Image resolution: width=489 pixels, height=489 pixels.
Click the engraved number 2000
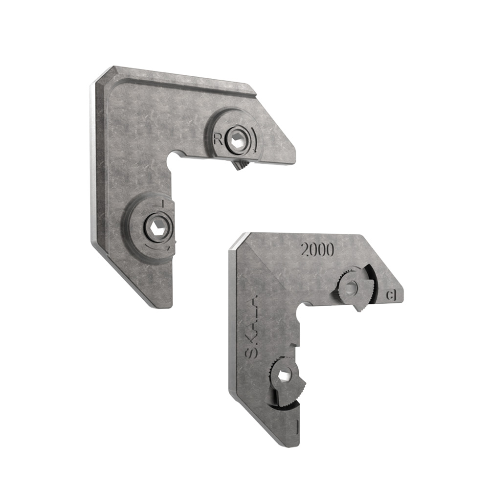coord(317,250)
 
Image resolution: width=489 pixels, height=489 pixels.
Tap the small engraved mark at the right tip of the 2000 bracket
coord(391,295)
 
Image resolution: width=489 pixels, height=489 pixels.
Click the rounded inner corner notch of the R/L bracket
coord(173,160)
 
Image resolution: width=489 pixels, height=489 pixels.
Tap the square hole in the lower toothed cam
coord(284,376)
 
